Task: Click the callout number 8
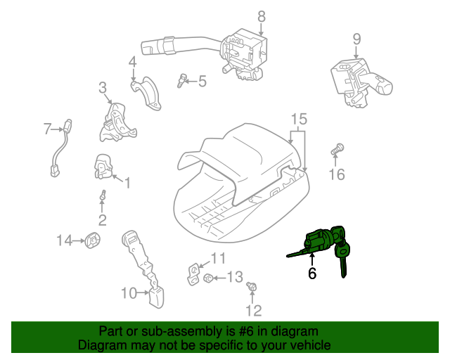coord(262,15)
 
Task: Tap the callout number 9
coord(356,39)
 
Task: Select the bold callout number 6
coord(312,273)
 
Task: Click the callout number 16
coord(337,173)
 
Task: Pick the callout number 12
coord(253,310)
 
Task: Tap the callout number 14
coord(65,241)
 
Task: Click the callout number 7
coord(48,129)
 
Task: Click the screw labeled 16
coord(336,150)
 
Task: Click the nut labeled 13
coord(208,278)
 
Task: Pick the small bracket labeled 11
coord(193,273)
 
